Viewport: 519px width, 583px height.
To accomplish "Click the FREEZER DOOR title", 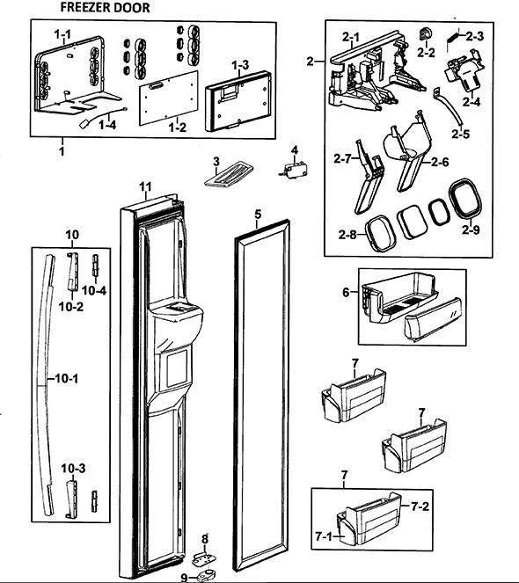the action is click(105, 7).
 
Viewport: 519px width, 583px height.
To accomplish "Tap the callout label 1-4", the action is click(107, 125).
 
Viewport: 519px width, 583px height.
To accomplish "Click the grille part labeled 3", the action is click(229, 173).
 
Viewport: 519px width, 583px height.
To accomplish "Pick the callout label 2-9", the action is click(471, 230).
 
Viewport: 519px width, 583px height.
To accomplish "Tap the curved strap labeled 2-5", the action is click(449, 108).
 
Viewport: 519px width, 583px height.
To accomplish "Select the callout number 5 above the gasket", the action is click(258, 214).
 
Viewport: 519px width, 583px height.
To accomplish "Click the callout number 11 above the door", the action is click(146, 186).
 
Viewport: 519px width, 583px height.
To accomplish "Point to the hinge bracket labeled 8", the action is click(204, 558).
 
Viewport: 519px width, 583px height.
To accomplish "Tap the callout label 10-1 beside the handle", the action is click(67, 379).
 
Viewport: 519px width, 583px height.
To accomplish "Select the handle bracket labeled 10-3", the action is click(71, 499).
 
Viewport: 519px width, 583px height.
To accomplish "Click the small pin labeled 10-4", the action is click(96, 266).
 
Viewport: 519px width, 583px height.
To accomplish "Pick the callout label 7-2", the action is click(420, 506).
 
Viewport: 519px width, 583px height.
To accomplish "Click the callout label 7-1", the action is click(324, 536).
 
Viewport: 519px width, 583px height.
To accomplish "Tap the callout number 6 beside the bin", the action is click(346, 292).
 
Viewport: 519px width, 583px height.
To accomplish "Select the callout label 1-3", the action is click(240, 65).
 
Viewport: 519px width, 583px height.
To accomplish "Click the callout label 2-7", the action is click(343, 159).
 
